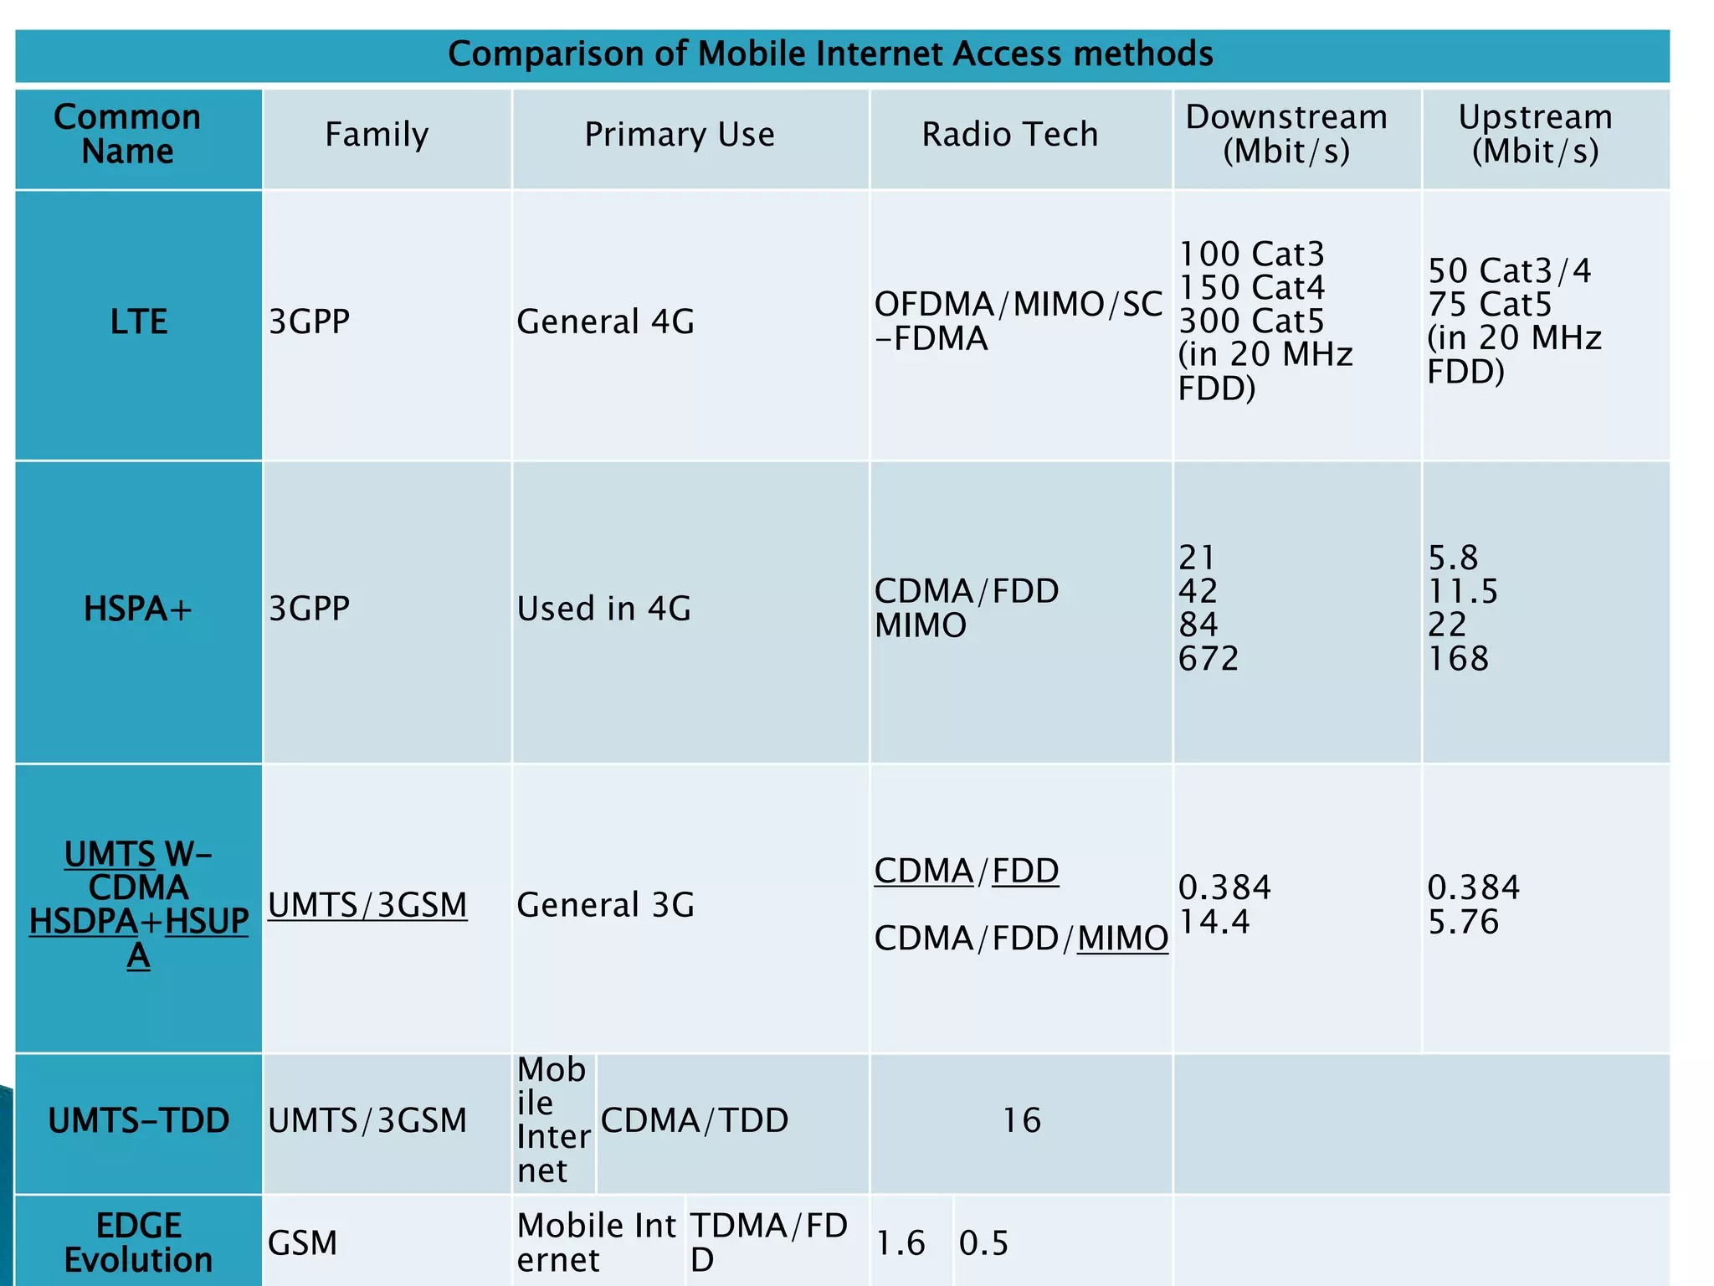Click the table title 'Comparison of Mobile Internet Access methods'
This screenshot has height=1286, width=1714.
click(x=830, y=54)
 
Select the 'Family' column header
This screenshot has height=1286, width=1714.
click(x=377, y=135)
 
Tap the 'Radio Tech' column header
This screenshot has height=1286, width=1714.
click(x=1009, y=135)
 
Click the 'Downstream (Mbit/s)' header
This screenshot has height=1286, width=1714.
click(x=1286, y=135)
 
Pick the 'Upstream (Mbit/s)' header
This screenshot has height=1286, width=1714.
click(x=1535, y=135)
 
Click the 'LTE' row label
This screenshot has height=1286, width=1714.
click(x=139, y=322)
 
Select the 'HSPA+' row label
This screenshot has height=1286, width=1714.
click(x=138, y=610)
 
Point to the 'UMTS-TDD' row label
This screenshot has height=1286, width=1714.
click(x=139, y=1121)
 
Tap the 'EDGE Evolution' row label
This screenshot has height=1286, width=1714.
click(x=139, y=1243)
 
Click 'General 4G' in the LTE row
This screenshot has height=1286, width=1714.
click(x=605, y=322)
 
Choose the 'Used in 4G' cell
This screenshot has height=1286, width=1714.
click(x=603, y=610)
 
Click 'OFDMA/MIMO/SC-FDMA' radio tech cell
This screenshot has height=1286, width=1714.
click(x=1018, y=322)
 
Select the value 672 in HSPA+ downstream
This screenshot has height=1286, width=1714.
click(x=1208, y=660)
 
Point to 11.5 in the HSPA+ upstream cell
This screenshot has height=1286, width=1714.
click(x=1462, y=592)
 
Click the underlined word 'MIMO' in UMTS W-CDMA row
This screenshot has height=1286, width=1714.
click(x=1122, y=939)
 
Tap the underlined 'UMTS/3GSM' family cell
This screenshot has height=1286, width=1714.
click(x=367, y=906)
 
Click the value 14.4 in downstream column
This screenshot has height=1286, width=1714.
click(x=1214, y=923)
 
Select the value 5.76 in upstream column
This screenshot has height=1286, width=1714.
click(x=1463, y=923)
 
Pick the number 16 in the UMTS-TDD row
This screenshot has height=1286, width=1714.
click(x=1022, y=1121)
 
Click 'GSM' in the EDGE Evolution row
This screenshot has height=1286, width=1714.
click(x=302, y=1243)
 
